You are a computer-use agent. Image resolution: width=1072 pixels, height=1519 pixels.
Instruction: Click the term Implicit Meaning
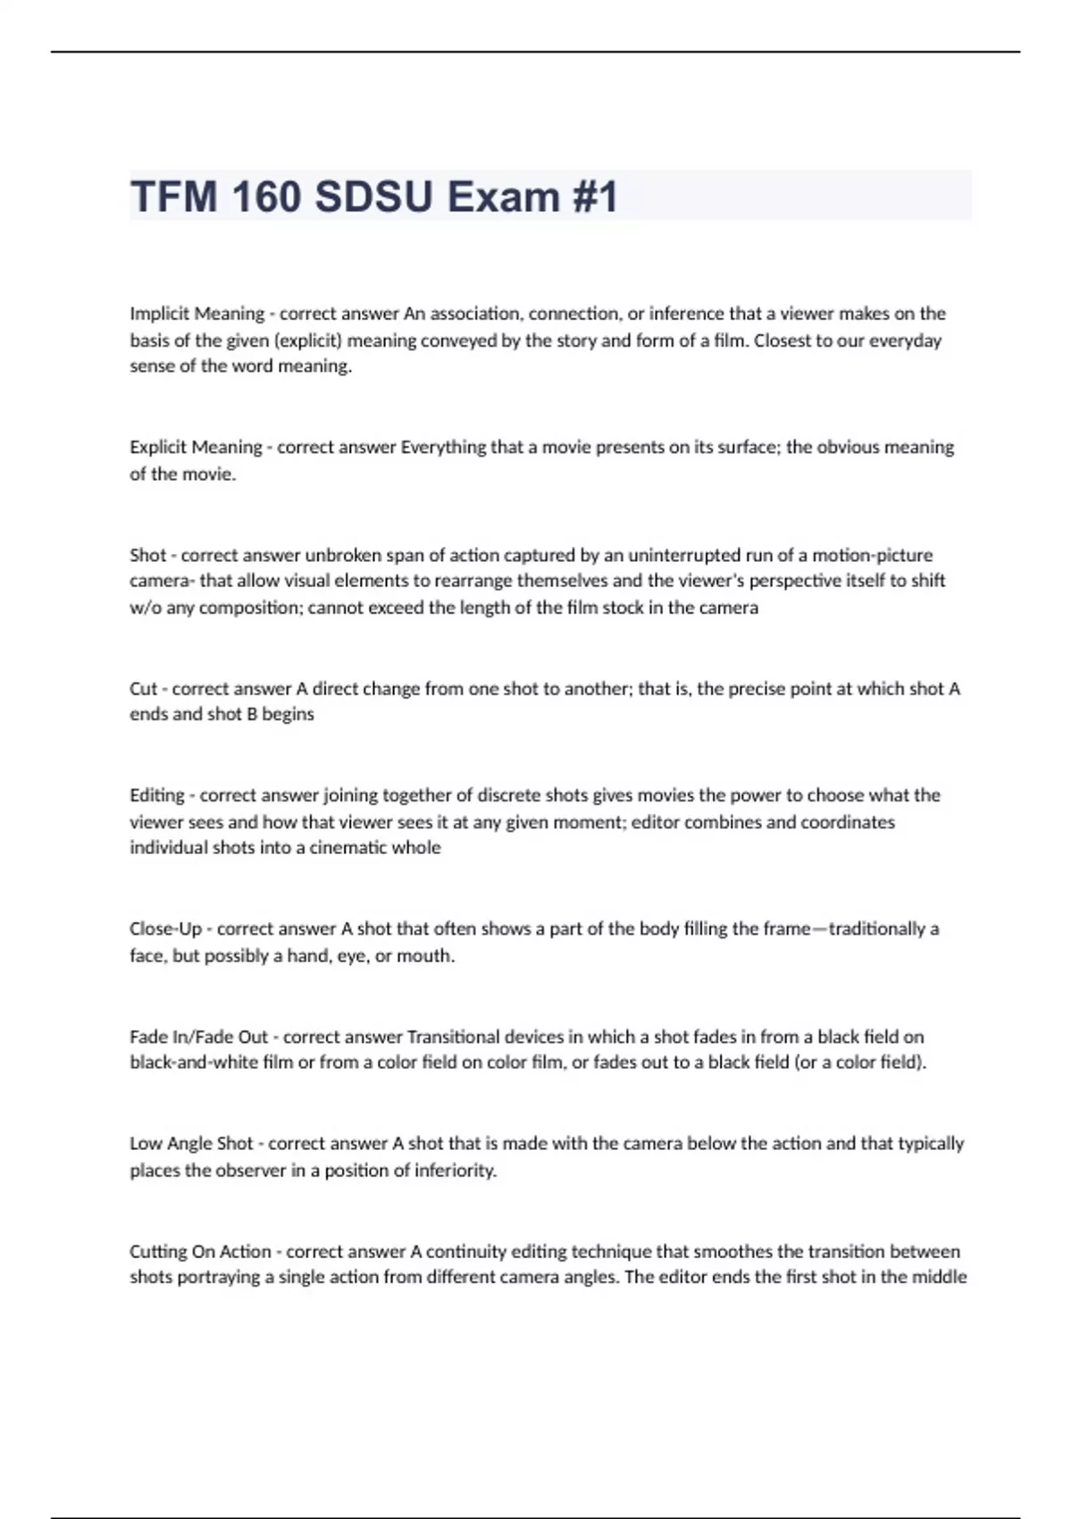[197, 314]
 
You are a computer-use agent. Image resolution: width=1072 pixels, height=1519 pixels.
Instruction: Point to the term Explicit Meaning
[196, 447]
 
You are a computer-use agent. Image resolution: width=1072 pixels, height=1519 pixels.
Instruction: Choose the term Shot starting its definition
[147, 555]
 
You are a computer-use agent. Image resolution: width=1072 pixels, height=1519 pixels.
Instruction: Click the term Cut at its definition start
[143, 689]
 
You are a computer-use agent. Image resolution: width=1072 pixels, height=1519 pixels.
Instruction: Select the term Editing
[156, 795]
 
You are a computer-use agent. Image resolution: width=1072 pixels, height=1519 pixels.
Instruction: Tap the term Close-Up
[165, 929]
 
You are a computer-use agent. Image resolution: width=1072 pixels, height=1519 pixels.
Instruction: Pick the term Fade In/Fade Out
[198, 1037]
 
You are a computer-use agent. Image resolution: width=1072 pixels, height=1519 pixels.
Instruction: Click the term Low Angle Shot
[191, 1144]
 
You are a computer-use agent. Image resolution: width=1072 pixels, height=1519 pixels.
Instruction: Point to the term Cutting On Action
[200, 1252]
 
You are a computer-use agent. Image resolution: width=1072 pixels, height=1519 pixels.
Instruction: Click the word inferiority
[456, 1171]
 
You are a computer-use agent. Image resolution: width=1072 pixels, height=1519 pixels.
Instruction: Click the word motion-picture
[872, 555]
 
